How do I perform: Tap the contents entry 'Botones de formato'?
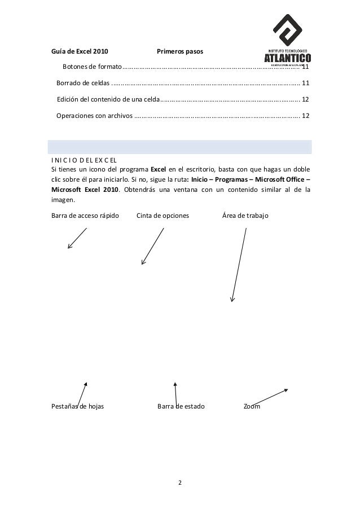(x=92, y=68)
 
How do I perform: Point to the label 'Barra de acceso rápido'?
(x=85, y=216)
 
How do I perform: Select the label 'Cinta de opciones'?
(x=163, y=216)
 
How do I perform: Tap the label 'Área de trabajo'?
(x=245, y=216)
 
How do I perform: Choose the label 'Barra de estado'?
(x=181, y=406)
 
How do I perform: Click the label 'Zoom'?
(x=252, y=406)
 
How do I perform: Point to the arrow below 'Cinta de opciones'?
(x=153, y=246)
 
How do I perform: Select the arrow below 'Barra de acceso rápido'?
(x=77, y=238)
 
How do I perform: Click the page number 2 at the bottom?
(x=180, y=483)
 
